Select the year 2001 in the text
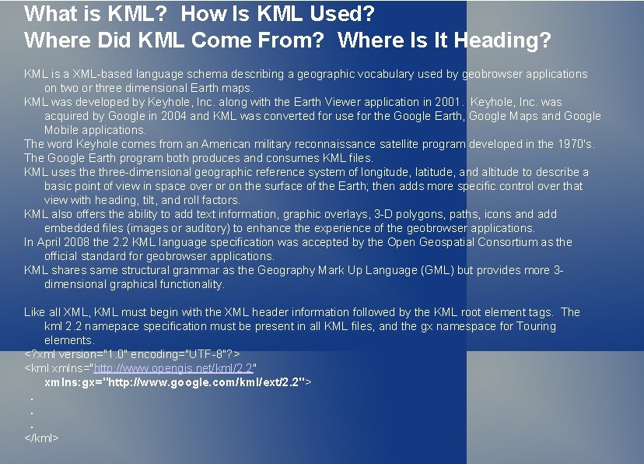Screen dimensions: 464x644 click(x=440, y=102)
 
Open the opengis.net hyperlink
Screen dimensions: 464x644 click(x=174, y=367)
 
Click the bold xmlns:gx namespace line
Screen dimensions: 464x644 click(x=178, y=382)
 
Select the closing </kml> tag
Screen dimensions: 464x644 click(x=41, y=438)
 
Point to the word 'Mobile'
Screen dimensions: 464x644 click(x=62, y=130)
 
